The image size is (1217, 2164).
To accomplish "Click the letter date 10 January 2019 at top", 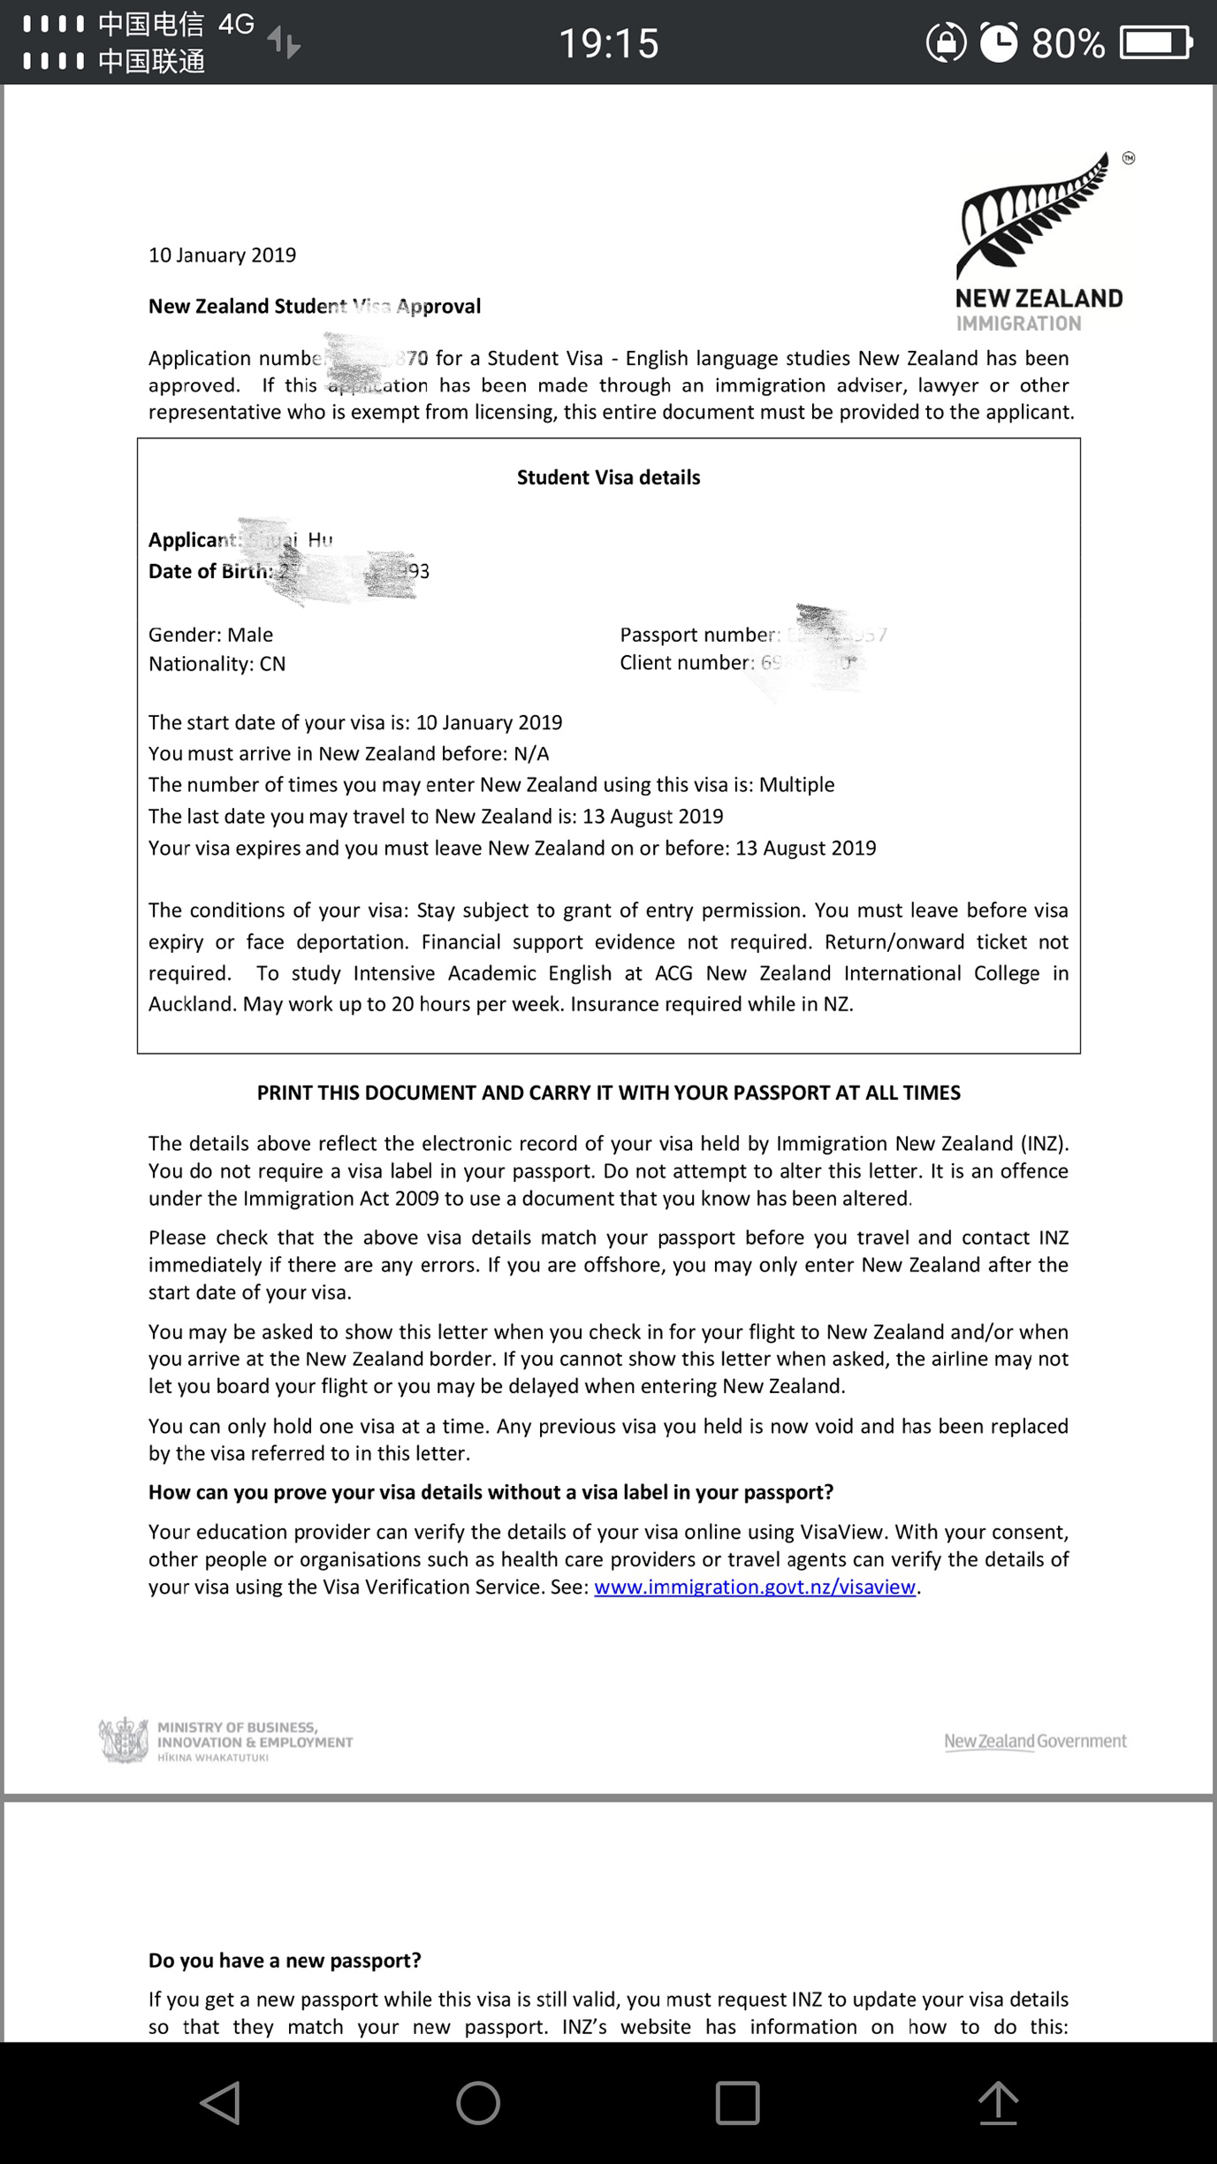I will click(222, 255).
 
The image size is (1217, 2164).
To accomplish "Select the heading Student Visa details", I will click(608, 477).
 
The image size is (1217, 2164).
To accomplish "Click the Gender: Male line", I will click(210, 635).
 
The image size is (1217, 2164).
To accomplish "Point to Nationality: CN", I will click(217, 664).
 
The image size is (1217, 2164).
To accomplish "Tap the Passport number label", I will click(699, 635).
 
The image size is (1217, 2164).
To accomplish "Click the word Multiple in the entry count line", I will click(796, 785).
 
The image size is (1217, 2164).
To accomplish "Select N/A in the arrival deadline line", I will click(531, 754).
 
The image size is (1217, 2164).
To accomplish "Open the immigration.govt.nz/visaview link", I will click(755, 1587).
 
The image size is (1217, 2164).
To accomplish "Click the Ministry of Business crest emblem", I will click(123, 1741).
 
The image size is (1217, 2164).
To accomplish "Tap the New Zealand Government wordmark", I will click(1035, 1741).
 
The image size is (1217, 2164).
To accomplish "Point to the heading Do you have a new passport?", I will click(285, 1960).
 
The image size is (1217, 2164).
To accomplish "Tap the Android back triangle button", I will click(220, 2102).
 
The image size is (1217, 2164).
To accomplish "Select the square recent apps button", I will click(737, 2102).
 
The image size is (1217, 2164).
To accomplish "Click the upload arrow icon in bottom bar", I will click(998, 2102).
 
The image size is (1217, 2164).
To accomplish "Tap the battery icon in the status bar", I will click(1156, 42).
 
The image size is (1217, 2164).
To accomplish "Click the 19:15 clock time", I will click(609, 42).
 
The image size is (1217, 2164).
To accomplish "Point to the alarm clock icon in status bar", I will click(999, 42).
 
